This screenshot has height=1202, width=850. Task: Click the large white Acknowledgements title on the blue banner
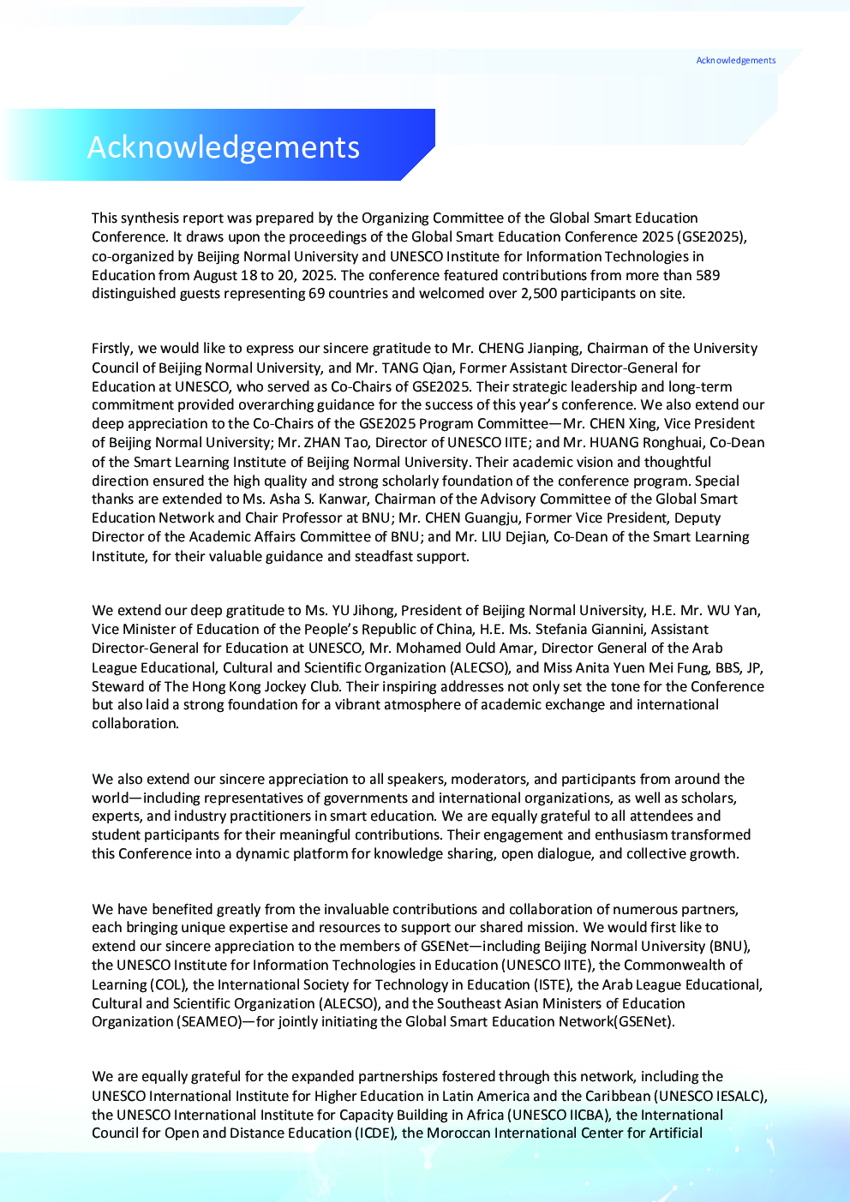pos(224,147)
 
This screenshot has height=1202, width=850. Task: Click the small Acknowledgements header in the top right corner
pos(735,60)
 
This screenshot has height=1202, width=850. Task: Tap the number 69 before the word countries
pos(317,293)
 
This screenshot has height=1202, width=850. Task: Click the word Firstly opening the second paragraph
pos(112,348)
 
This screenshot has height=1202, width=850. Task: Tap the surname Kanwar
pos(343,499)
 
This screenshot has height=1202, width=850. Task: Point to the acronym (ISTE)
pos(553,984)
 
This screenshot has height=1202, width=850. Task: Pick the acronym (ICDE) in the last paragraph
pos(376,1133)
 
